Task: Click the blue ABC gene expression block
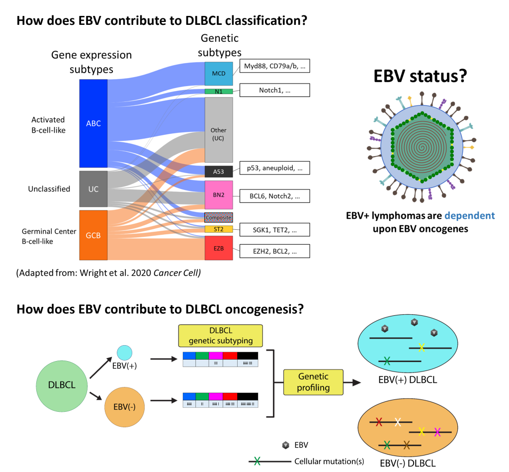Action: tap(93, 123)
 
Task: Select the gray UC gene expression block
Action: tap(93, 189)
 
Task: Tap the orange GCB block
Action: tap(93, 235)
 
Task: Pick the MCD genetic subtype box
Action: tap(219, 74)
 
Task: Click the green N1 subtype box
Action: tap(219, 92)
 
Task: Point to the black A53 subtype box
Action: tap(219, 172)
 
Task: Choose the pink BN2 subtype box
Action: tap(219, 194)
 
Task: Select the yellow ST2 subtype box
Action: tap(219, 229)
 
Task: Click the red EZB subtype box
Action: tap(219, 248)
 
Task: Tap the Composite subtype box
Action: tap(219, 217)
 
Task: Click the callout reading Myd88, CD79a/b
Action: tap(274, 66)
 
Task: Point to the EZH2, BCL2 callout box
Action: tap(274, 251)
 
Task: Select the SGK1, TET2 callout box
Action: tap(274, 229)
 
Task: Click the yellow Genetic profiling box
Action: tap(313, 381)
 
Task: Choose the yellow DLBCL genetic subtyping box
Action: tap(220, 336)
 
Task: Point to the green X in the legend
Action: tap(257, 461)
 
